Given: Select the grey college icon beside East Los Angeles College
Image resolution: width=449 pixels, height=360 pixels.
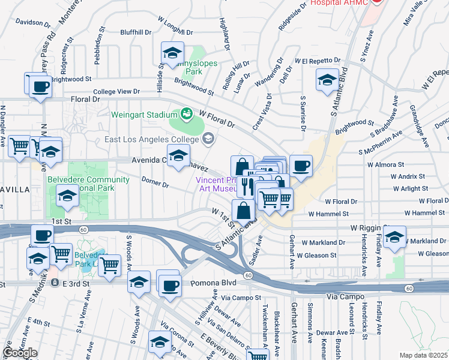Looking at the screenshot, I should tap(208, 139).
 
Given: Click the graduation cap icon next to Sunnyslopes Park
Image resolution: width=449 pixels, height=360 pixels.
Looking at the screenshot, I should tap(172, 53).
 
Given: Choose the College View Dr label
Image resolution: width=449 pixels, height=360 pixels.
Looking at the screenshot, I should tap(116, 91).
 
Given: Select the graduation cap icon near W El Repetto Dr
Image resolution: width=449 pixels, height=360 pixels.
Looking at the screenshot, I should tap(327, 80).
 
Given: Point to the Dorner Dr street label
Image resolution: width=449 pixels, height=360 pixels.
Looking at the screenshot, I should tap(155, 181).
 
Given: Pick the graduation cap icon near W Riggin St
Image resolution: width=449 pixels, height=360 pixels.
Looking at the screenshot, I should tap(394, 238).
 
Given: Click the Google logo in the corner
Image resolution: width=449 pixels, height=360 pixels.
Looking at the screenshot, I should tap(20, 353).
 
